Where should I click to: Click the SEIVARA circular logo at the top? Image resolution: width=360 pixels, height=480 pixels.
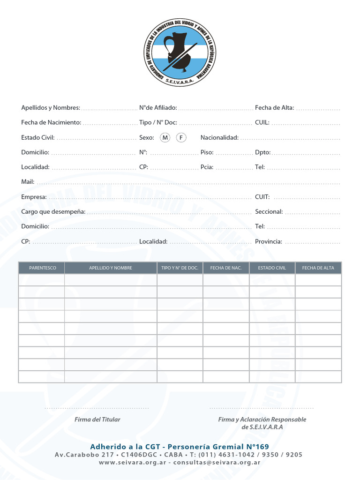coord(180,52)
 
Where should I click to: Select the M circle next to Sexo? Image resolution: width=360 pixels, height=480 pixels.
coord(165,137)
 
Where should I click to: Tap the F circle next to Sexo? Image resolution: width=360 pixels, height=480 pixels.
coord(181,137)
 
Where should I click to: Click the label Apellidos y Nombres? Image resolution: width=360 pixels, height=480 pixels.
coord(51,108)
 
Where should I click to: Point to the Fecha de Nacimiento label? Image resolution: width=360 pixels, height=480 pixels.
coord(51,122)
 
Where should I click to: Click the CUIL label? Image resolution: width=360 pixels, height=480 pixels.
coord(262,122)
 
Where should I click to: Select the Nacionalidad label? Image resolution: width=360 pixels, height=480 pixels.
coord(219,137)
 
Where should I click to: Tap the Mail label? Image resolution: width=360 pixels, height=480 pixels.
coord(28,182)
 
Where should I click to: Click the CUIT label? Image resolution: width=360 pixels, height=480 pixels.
coord(262,197)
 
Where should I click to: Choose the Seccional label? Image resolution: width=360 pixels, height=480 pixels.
coord(269,212)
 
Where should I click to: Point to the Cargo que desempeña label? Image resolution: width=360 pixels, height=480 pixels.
coord(53,212)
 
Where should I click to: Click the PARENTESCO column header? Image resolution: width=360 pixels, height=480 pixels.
coord(42,268)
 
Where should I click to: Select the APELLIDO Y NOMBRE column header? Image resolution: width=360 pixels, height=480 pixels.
coord(111,268)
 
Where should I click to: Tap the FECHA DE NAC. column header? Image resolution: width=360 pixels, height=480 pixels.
coord(226,268)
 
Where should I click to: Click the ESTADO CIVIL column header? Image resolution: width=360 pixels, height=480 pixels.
coord(272,268)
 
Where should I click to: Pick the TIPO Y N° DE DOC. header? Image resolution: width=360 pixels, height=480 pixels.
coord(180,268)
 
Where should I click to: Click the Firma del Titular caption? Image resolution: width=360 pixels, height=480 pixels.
coord(97,420)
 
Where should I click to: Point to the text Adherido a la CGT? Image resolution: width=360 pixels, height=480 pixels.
coord(126,447)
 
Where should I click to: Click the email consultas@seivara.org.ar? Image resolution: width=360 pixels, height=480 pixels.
coord(217,462)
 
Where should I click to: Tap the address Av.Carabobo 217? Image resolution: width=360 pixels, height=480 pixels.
coord(84,455)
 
